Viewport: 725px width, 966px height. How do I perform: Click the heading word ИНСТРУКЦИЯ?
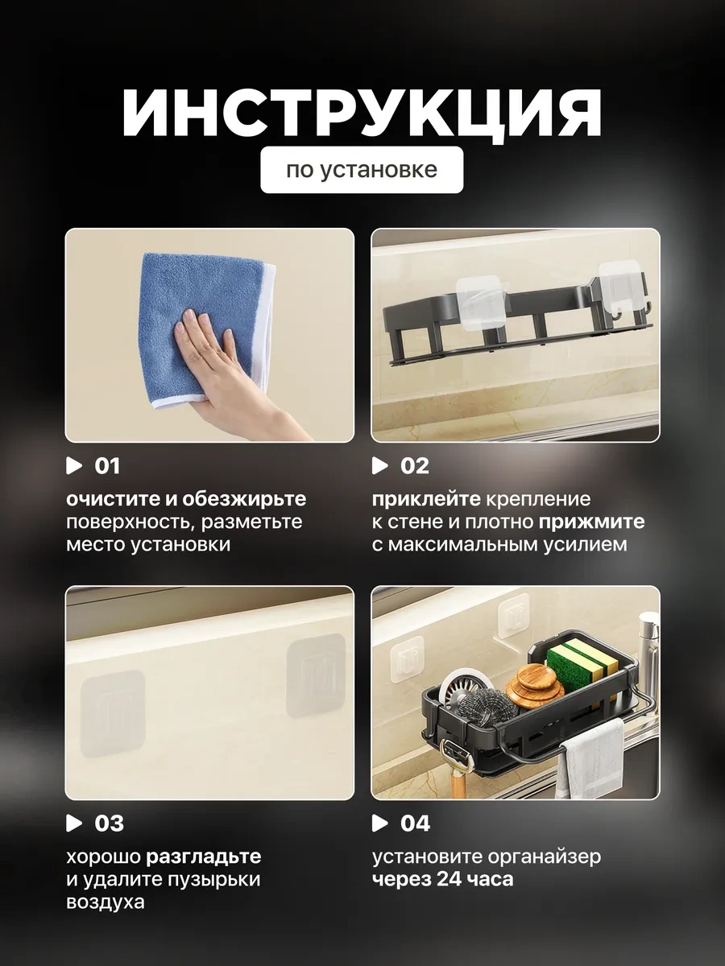coord(362,114)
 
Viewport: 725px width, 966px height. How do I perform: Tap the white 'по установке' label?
coord(362,170)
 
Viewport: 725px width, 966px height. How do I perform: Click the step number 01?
coord(107,466)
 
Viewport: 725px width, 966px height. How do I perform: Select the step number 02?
coord(414,466)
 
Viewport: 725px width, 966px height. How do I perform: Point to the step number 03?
coord(109,824)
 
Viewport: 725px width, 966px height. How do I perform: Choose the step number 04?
coord(415,824)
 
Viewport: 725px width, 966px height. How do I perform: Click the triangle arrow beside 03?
coord(74,824)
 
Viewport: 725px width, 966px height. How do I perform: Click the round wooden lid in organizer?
coord(529,689)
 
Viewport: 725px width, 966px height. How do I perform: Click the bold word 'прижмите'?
coord(591,522)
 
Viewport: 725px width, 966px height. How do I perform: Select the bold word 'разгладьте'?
coord(203,857)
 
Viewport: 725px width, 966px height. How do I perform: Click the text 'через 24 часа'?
coord(442,880)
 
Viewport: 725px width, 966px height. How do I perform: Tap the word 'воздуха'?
coord(106,902)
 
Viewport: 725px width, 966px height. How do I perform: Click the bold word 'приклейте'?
coord(426,500)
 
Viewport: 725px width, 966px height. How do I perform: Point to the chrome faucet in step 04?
coord(647,642)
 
